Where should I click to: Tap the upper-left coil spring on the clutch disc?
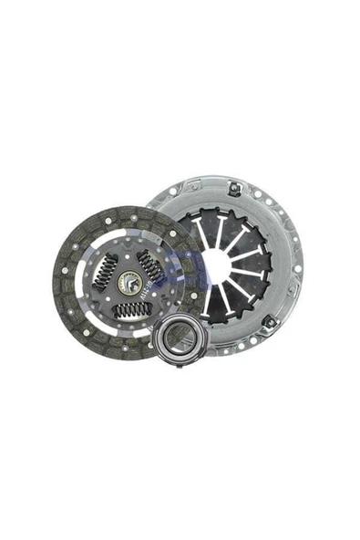pos(108,269)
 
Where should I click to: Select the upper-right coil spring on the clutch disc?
pos(150,265)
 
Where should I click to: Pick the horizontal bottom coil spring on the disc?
pos(131,310)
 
